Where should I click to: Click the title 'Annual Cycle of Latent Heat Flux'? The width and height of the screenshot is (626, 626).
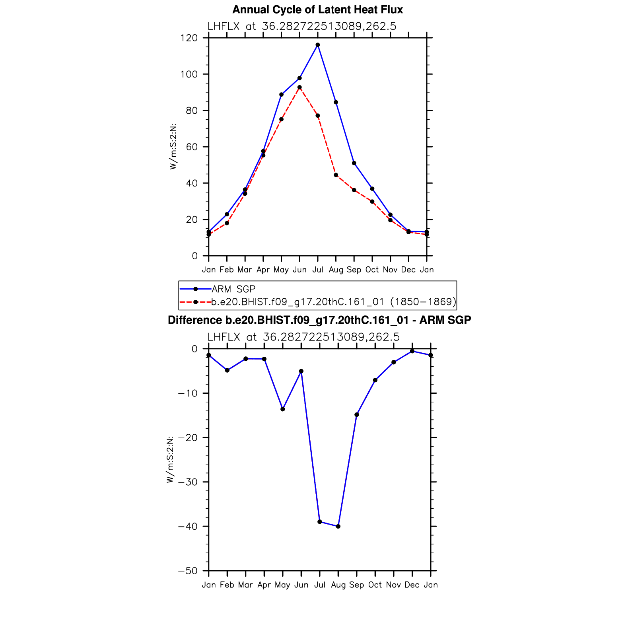[x=317, y=10]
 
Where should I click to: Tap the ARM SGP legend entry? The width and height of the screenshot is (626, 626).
[x=233, y=289]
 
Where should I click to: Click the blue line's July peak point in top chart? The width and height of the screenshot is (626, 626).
[x=317, y=45]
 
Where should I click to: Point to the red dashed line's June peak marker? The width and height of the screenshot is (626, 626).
[x=299, y=87]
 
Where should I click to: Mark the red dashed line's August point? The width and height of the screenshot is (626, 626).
[x=336, y=175]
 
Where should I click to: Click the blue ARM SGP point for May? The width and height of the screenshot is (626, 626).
[x=281, y=95]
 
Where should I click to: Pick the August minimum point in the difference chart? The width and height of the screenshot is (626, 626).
[x=338, y=527]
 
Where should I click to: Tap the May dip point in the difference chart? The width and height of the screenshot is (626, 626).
[x=283, y=409]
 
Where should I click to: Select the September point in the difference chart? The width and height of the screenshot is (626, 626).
[x=357, y=415]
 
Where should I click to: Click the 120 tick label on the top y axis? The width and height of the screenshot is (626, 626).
[x=189, y=38]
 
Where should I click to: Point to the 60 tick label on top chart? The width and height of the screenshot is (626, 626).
[x=191, y=147]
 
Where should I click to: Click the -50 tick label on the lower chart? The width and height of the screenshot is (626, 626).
[x=188, y=571]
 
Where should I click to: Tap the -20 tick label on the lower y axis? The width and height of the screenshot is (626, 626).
[x=188, y=438]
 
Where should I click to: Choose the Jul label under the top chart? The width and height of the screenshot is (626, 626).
[x=317, y=270]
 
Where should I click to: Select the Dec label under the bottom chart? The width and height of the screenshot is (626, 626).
[x=412, y=585]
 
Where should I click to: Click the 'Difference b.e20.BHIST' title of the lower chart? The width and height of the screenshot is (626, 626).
[x=319, y=320]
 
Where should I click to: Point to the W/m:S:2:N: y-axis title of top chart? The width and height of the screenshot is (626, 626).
[x=173, y=147]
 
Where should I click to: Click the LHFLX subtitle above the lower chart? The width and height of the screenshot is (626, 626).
[x=303, y=337]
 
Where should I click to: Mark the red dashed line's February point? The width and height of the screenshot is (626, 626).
[x=227, y=223]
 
